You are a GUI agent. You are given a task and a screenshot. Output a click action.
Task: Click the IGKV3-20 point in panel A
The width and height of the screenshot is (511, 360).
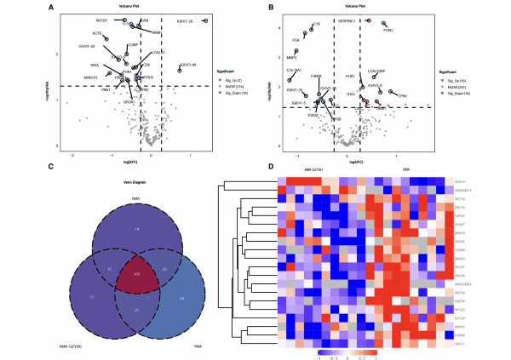pos(205,20)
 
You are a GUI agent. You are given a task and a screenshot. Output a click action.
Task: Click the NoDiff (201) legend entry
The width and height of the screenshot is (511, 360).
pos(456,85)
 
